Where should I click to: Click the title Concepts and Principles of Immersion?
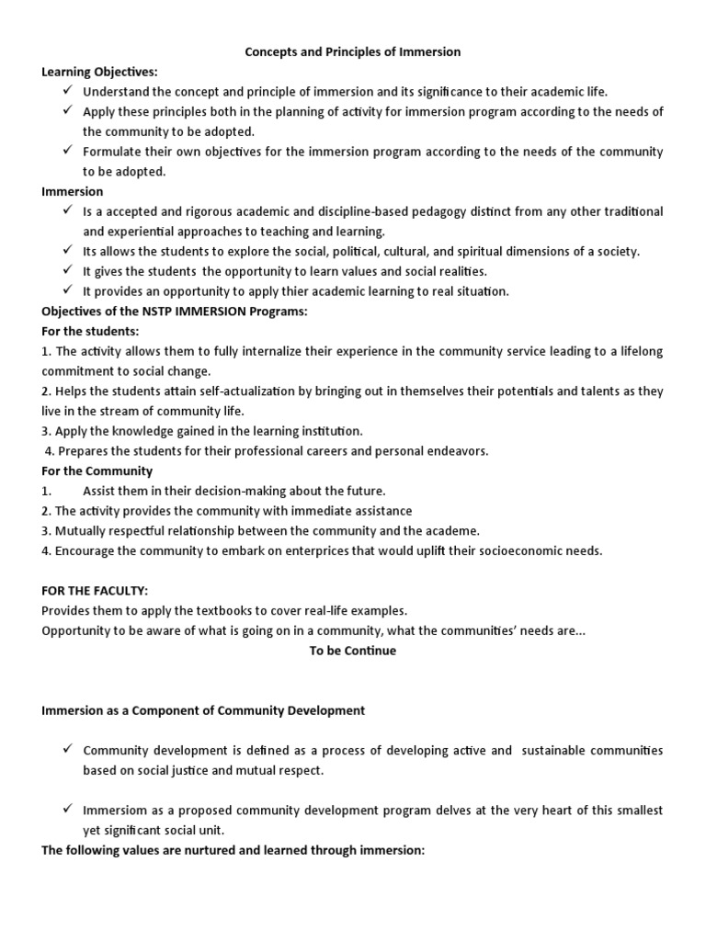click(x=352, y=52)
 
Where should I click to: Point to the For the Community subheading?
click(x=97, y=471)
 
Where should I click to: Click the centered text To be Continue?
click(x=352, y=651)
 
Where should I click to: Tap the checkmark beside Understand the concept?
click(x=68, y=91)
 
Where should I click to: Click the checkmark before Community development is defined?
click(x=68, y=750)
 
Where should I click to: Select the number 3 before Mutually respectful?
click(x=45, y=531)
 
